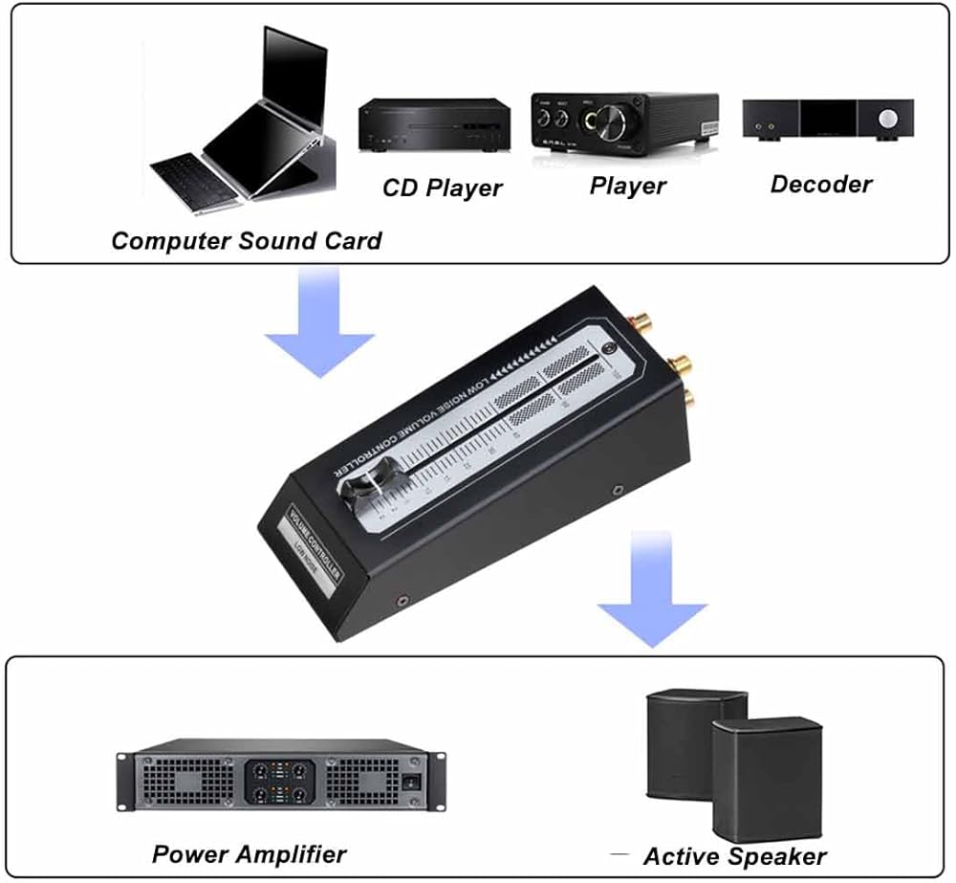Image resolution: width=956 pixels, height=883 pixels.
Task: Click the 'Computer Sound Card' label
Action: pos(246,240)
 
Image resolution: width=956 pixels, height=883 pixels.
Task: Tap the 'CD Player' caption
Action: pos(442,188)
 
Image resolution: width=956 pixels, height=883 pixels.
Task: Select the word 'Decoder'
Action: pos(821,184)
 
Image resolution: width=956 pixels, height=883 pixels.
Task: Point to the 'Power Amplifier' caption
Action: pos(249,853)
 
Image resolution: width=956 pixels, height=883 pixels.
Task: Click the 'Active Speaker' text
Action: pos(734,856)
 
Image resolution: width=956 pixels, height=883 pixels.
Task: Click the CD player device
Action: pos(432,126)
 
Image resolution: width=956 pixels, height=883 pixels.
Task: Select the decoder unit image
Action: pos(827,121)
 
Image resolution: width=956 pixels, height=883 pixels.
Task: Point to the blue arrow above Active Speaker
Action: pos(652,592)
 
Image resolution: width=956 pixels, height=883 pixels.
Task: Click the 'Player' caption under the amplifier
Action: pos(627,185)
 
